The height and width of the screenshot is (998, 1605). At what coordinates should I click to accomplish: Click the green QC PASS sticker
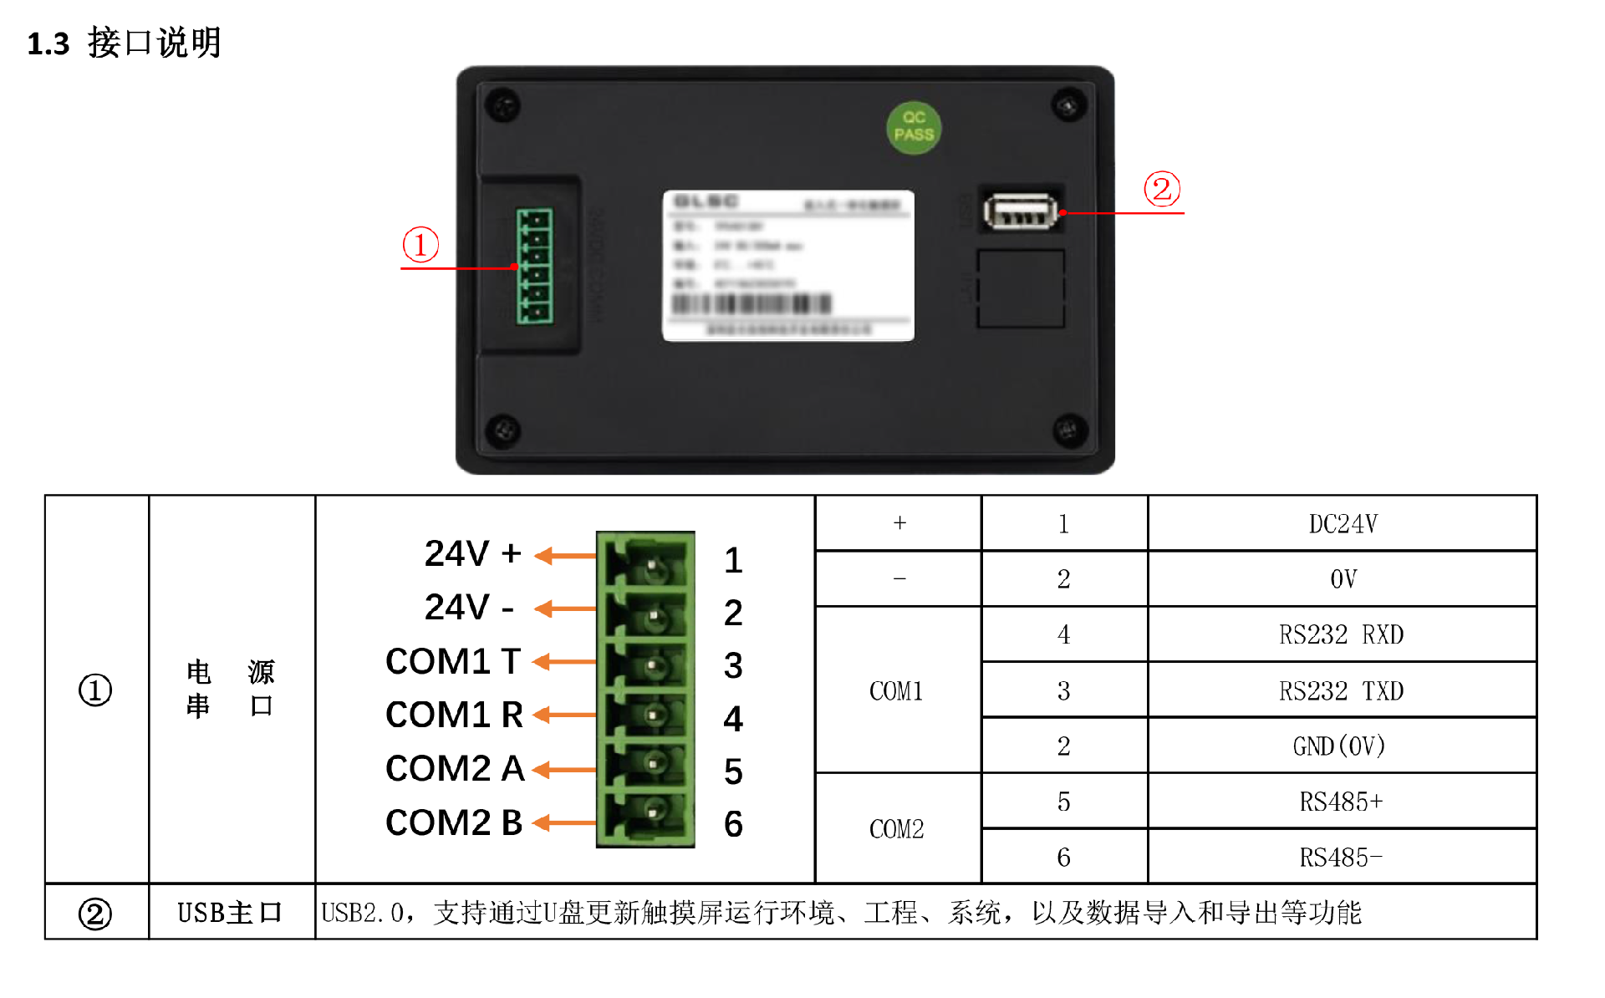coord(914,127)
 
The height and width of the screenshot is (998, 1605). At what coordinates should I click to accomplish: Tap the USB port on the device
coord(1020,211)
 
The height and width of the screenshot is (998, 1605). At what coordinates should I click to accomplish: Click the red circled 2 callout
coord(1162,189)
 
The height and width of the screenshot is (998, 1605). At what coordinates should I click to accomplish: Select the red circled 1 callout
coord(420,245)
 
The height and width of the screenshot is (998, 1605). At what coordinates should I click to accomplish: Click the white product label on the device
coord(787,265)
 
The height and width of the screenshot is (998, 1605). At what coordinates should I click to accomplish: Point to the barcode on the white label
coord(752,303)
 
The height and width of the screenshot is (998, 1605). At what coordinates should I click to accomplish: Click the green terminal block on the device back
coord(534,266)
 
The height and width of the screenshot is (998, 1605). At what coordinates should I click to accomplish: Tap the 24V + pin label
coord(472,553)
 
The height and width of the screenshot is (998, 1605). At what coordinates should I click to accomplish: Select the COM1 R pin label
coord(454,715)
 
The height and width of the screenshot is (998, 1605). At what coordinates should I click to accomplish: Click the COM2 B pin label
coord(454,822)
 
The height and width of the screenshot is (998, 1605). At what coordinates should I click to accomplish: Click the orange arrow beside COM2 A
coord(564,770)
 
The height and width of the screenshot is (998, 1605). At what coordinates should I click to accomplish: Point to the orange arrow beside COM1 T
coord(564,663)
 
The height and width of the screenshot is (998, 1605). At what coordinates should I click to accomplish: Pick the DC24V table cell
coord(1342,524)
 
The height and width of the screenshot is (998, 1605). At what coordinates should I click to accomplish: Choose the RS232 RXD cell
coord(1342,634)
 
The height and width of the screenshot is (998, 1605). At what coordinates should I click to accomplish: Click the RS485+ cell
coord(1342,802)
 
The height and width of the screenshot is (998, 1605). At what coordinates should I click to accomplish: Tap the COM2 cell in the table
coord(897,829)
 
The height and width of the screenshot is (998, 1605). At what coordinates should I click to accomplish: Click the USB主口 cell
coord(231,913)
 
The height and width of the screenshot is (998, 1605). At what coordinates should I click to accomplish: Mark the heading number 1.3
coord(48,43)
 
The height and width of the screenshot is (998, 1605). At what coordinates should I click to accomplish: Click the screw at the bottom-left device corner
coord(503,430)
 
